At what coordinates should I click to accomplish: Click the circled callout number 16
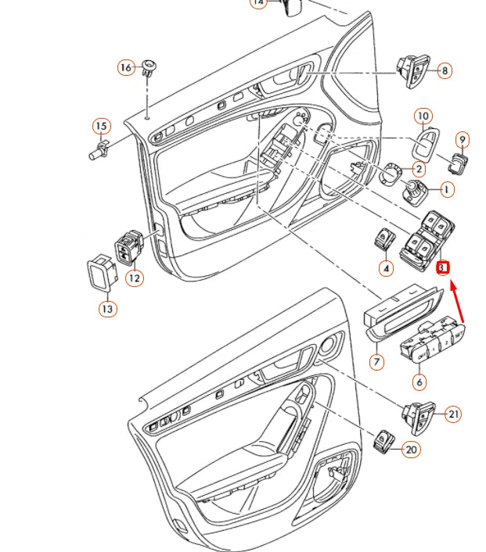click(x=126, y=67)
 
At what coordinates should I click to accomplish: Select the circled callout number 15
click(x=101, y=126)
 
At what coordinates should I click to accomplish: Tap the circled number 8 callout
click(x=444, y=71)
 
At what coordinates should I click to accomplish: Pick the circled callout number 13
click(x=107, y=309)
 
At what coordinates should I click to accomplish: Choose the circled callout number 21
click(x=453, y=414)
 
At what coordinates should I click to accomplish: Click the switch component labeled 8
click(x=412, y=70)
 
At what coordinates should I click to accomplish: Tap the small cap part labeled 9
click(x=457, y=163)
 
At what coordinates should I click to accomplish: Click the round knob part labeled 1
click(x=415, y=190)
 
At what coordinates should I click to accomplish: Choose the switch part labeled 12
click(x=129, y=248)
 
